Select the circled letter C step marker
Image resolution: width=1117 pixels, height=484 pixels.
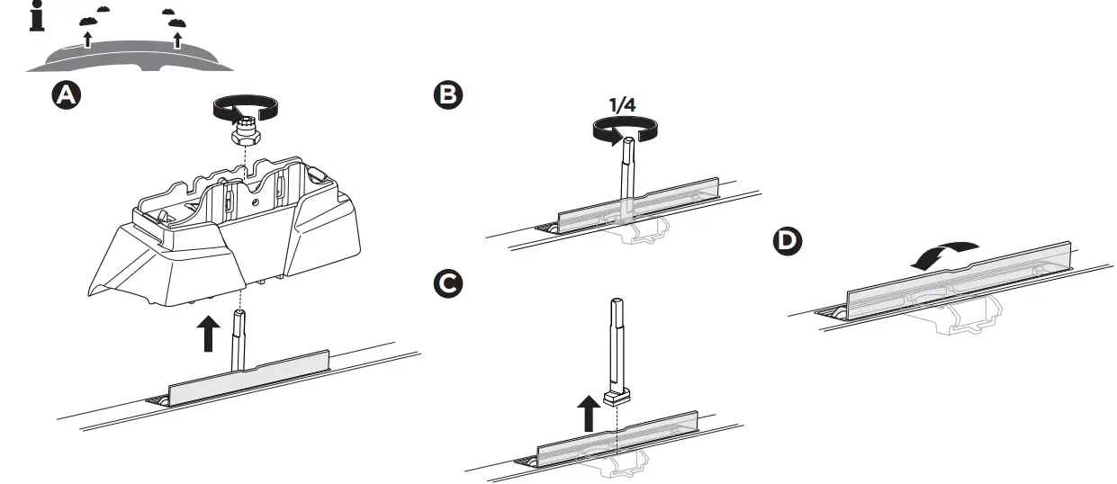(x=446, y=284)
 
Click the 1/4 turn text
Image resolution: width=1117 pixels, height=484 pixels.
(x=623, y=105)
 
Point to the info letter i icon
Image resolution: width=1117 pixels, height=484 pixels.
(x=37, y=17)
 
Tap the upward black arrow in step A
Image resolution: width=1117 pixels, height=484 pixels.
(x=207, y=334)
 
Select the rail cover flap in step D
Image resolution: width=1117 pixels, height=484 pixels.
(x=954, y=283)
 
